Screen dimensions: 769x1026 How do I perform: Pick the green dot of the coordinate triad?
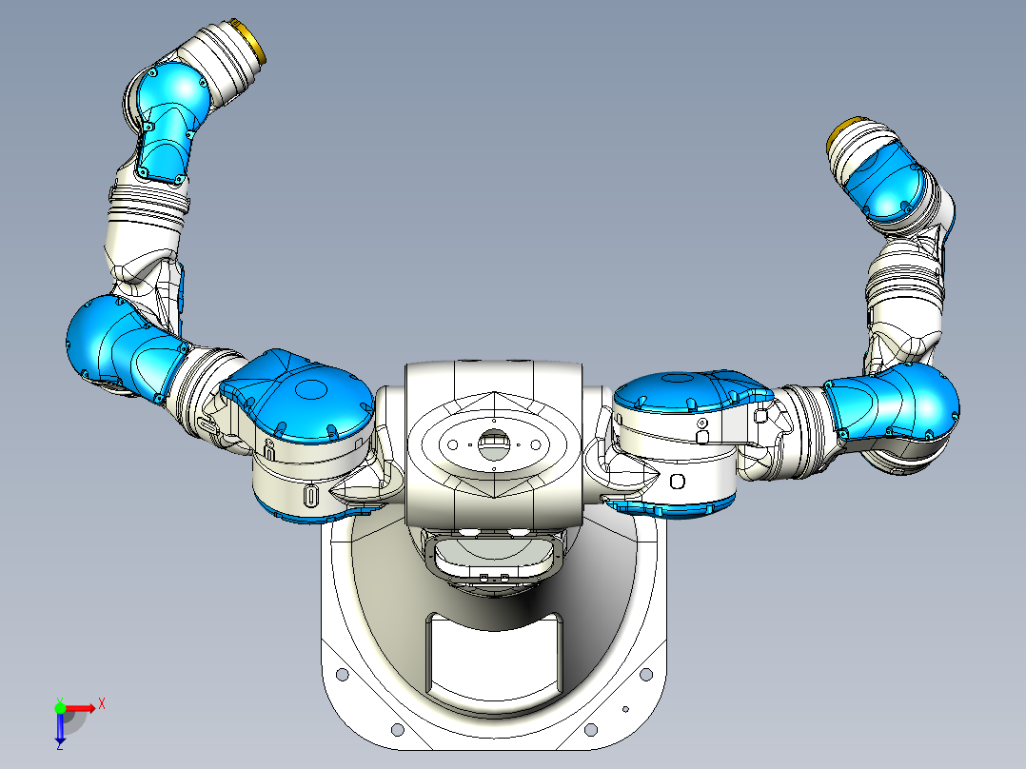(x=60, y=707)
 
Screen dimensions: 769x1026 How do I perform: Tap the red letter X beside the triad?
(x=101, y=703)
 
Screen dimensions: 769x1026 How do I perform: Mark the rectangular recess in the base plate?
(x=495, y=657)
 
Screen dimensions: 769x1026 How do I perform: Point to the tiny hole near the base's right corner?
(x=625, y=708)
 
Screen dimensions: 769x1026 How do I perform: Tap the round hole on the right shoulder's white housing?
(x=677, y=481)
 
